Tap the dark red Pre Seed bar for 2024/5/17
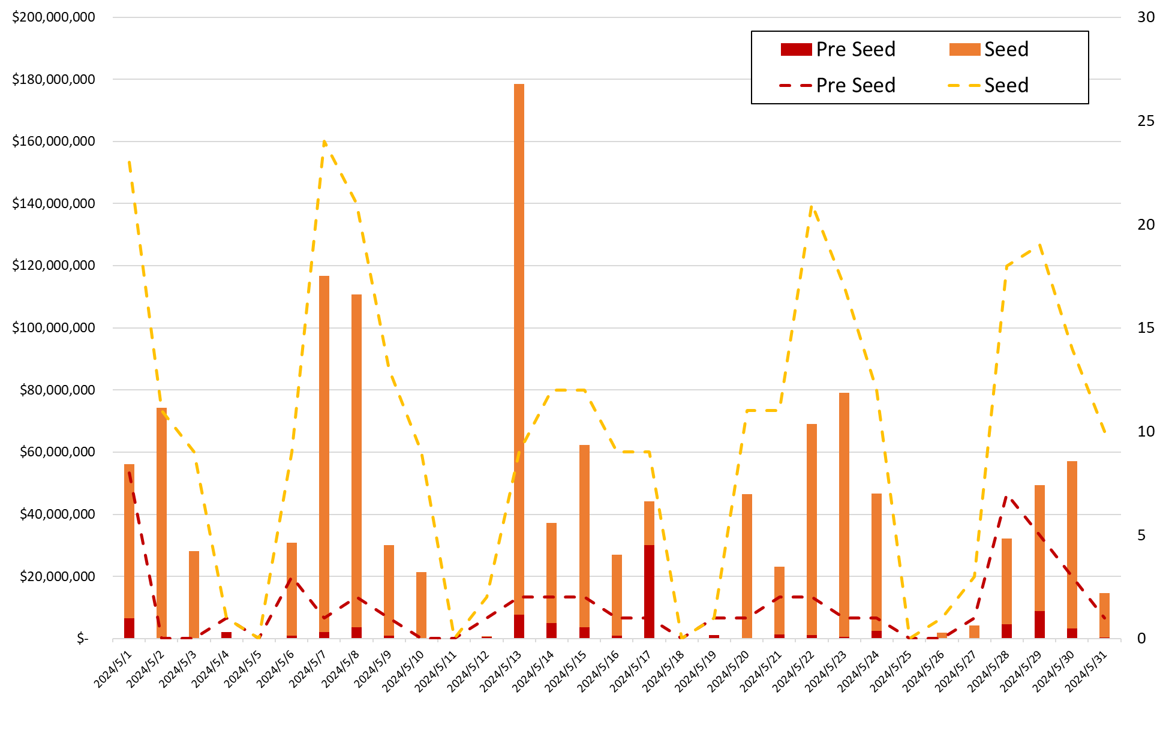[649, 591]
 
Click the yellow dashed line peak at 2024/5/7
[324, 142]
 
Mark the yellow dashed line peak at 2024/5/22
[812, 207]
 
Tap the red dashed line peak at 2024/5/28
[1007, 496]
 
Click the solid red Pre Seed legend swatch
[796, 49]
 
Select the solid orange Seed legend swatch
[964, 49]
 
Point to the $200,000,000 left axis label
[53, 17]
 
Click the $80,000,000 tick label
[57, 390]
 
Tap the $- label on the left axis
[83, 639]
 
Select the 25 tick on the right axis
[1146, 121]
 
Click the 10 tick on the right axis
[1146, 432]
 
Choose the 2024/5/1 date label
[114, 672]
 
